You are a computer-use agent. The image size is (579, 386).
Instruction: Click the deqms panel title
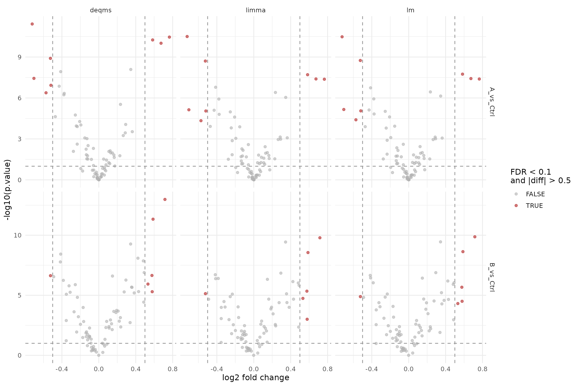(101, 10)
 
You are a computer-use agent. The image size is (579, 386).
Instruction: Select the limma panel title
(256, 10)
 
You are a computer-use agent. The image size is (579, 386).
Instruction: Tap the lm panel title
(410, 10)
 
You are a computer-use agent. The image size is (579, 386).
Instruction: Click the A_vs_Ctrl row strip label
(492, 102)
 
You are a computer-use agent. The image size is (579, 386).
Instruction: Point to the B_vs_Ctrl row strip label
(492, 277)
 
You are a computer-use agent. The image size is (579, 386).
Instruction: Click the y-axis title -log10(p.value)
(8, 190)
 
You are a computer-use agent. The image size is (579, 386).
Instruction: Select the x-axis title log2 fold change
(256, 377)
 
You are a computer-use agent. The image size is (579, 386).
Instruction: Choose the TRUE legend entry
(534, 206)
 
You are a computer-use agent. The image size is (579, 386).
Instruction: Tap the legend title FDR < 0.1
(531, 172)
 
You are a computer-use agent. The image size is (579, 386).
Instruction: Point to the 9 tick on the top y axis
(20, 57)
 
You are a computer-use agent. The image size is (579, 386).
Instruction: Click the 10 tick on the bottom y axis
(18, 235)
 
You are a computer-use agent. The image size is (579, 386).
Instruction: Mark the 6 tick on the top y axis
(20, 98)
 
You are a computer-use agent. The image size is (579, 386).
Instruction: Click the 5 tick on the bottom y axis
(20, 295)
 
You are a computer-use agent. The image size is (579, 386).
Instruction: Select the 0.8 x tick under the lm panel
(482, 369)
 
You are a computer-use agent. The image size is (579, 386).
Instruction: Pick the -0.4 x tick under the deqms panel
(62, 369)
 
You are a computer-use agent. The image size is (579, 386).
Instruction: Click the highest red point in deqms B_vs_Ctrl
(165, 200)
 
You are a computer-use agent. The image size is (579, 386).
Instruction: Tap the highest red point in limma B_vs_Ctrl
(320, 238)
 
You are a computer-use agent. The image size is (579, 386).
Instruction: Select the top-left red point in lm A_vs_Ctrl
(342, 37)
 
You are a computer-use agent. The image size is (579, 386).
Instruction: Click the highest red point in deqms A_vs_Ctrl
(32, 24)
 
